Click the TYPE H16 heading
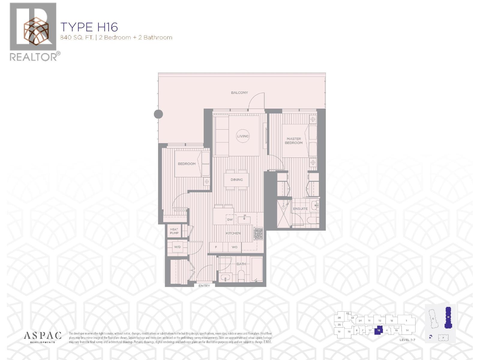point(89,27)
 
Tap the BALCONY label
point(239,93)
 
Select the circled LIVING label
point(243,136)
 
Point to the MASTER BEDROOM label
point(294,141)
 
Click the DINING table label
point(237,180)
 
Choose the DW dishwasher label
point(230,220)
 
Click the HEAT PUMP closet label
point(174,231)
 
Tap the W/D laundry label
point(177,247)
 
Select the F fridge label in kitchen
point(216,247)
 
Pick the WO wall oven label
point(235,247)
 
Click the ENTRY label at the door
point(204,286)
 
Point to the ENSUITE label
point(300,209)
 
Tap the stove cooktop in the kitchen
point(258,234)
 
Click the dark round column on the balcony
point(158,114)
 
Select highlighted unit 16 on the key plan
point(379,330)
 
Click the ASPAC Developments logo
point(43,337)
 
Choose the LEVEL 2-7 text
point(407,340)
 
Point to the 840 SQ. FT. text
point(76,38)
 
